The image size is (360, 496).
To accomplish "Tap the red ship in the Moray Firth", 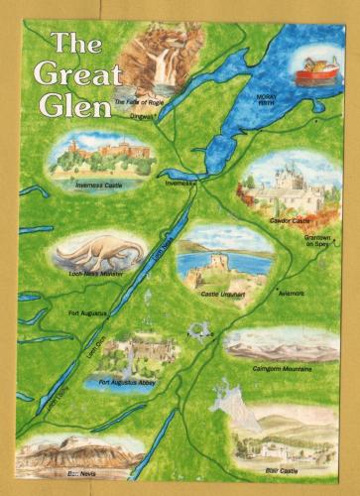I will tap(316, 70).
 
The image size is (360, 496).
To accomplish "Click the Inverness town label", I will tap(180, 184).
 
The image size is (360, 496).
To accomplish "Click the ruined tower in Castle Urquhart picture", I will tap(197, 264).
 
